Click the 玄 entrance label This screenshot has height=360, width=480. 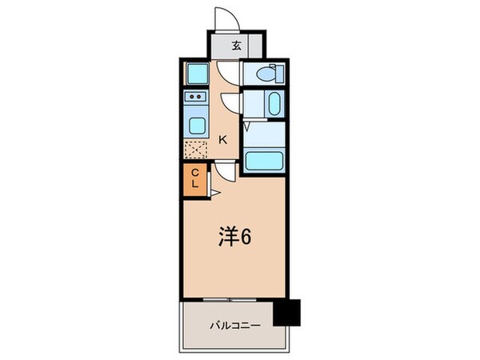[237, 46]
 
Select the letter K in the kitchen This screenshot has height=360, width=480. [223, 140]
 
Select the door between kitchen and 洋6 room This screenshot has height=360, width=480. [226, 170]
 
